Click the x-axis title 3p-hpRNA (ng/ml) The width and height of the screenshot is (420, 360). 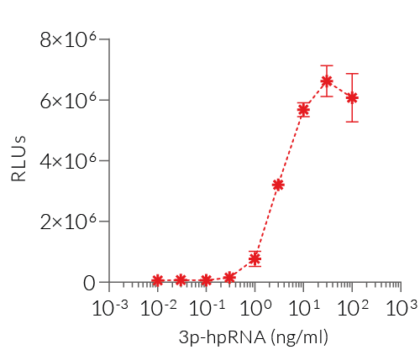(254, 338)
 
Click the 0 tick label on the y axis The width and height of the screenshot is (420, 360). (89, 283)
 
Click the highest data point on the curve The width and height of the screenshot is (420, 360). (327, 81)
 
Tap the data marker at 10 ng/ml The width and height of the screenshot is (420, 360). (303, 110)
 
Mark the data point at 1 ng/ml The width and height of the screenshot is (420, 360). (255, 258)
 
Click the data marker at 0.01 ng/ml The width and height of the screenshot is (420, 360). (157, 280)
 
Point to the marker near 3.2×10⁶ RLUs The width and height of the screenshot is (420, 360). (278, 185)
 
